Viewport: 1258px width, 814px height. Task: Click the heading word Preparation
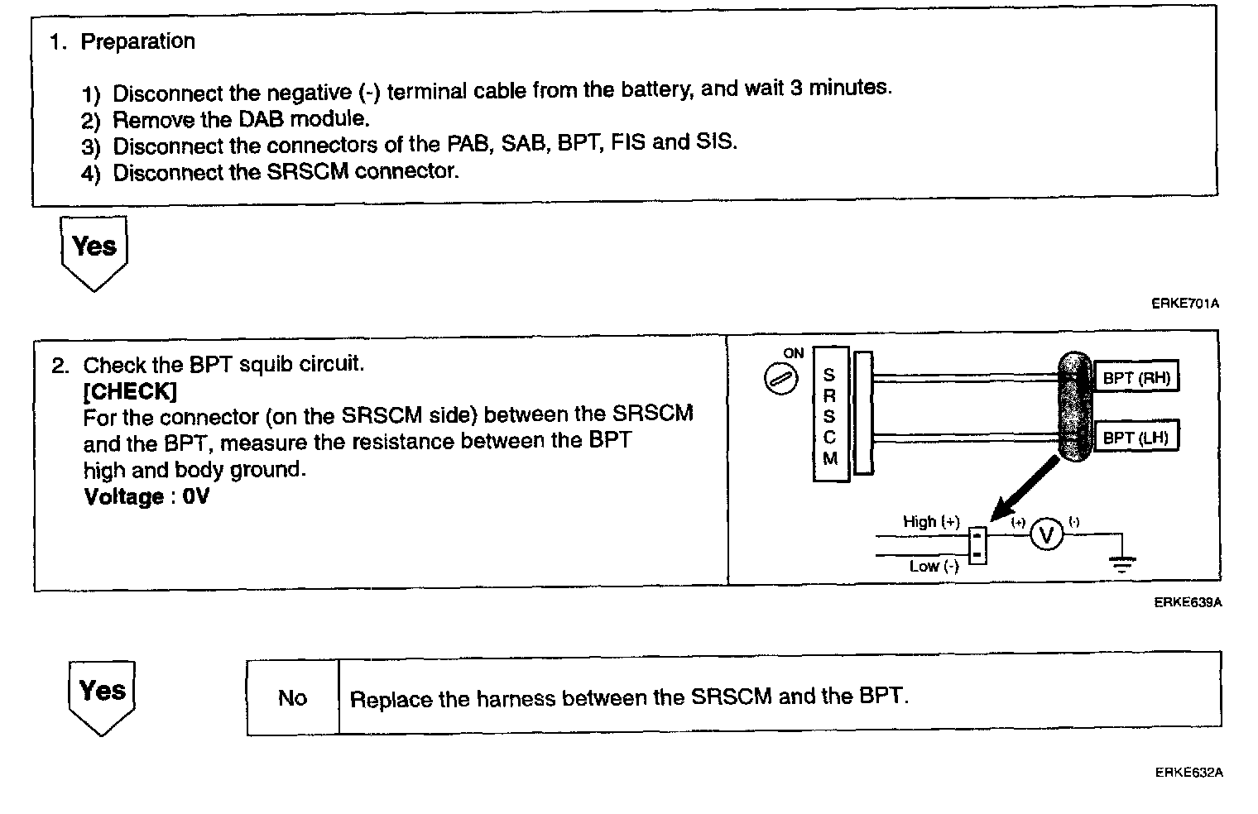tap(137, 41)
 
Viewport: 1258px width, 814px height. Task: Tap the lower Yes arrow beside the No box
tap(102, 696)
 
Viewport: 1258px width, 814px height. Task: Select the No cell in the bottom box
tap(292, 698)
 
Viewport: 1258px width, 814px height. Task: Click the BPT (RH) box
tap(1136, 379)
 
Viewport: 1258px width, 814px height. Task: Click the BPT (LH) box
tap(1136, 438)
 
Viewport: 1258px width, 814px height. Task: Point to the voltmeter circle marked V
tap(1046, 536)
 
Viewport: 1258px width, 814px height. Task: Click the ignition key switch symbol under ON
tap(780, 379)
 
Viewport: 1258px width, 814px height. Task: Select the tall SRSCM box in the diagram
tap(830, 415)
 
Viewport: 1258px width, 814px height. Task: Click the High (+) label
tap(931, 522)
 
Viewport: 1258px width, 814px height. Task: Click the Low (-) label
tap(934, 567)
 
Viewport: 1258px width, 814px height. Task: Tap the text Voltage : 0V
tap(146, 497)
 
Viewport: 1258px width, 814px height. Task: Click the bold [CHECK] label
tap(130, 390)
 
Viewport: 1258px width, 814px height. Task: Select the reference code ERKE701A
tap(1184, 304)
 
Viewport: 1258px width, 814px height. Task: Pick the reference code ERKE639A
tap(1187, 602)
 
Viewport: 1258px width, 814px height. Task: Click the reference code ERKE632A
tap(1188, 773)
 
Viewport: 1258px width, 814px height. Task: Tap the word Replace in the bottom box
tap(391, 699)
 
